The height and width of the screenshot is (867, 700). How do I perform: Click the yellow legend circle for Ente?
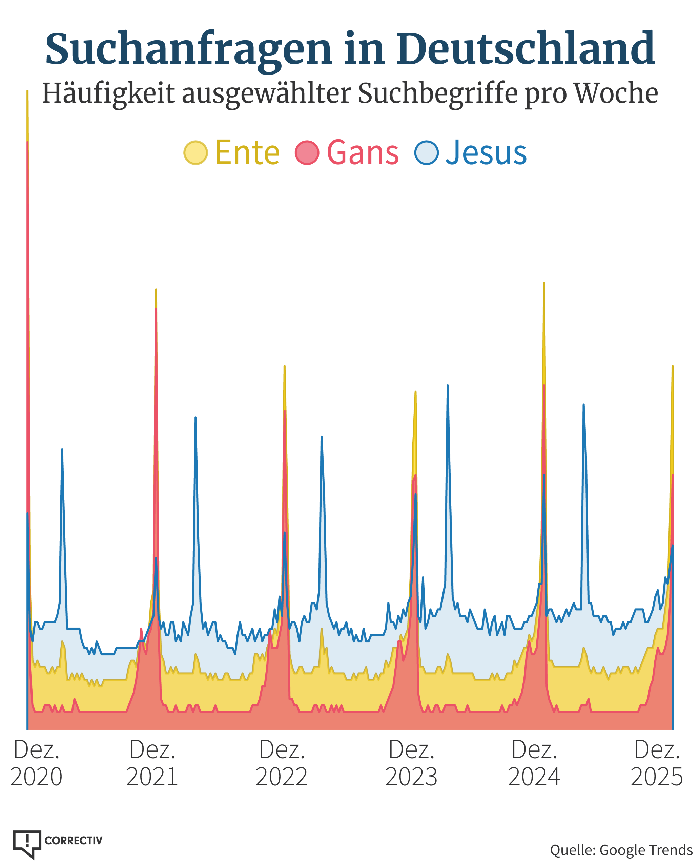[x=195, y=153]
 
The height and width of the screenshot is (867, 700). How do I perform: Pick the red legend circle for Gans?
[x=307, y=153]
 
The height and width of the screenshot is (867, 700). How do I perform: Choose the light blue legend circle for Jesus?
[x=426, y=153]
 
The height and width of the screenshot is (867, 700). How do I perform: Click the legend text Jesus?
[x=486, y=153]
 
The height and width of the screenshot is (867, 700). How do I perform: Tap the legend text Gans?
[x=363, y=153]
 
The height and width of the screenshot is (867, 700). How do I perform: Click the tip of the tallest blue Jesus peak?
[x=448, y=386]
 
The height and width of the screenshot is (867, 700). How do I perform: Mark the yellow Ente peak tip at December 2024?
[x=544, y=283]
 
